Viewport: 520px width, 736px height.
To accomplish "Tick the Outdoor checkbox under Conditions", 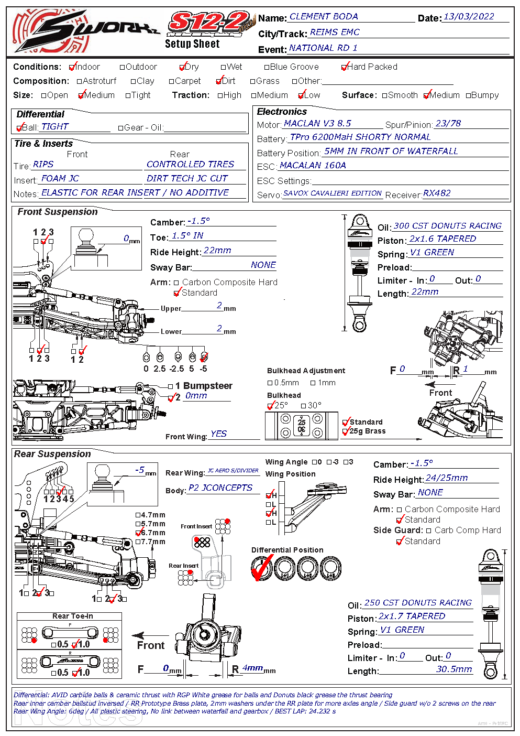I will [123, 67].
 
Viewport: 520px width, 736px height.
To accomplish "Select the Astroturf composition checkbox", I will [80, 81].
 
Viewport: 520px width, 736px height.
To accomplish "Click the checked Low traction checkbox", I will [301, 95].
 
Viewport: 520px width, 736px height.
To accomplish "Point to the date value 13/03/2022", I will [469, 17].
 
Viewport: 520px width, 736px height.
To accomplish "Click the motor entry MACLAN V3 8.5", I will [317, 124].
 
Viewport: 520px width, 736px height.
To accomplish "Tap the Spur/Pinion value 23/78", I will [448, 124].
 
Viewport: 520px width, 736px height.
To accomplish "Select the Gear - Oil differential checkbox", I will [121, 128].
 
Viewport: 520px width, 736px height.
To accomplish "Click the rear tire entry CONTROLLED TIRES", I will [190, 165].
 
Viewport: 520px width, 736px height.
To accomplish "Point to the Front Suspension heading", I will [58, 212].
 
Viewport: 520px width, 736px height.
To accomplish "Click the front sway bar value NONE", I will [263, 265].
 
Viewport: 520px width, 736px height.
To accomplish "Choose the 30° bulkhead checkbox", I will [304, 406].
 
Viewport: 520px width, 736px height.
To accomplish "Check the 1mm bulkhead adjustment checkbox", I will [313, 383].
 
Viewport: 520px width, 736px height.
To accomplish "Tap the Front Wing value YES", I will [218, 434].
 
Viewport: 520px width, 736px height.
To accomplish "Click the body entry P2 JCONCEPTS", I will [220, 488].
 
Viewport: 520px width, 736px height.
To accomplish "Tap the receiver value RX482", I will [437, 193].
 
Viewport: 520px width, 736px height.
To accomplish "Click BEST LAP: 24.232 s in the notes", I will [305, 711].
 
